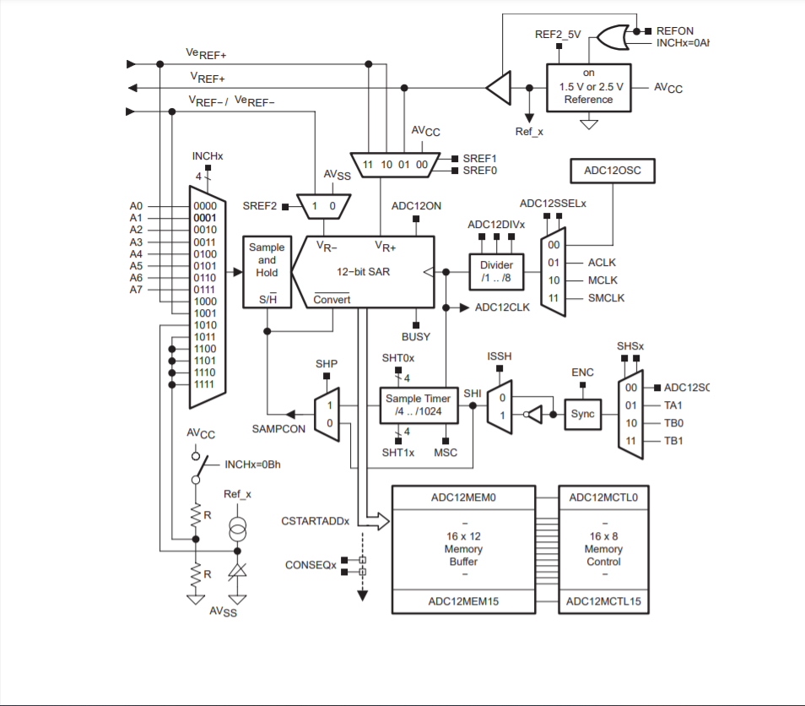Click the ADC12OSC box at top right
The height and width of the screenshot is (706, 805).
tap(613, 170)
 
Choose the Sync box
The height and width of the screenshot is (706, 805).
tap(582, 414)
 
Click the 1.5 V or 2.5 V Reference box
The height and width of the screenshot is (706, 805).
tap(588, 87)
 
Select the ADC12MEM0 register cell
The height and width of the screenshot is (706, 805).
tap(462, 497)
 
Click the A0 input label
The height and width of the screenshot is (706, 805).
tap(137, 206)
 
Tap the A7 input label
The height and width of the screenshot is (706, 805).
tap(137, 290)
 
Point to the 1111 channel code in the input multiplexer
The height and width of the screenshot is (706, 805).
tap(204, 384)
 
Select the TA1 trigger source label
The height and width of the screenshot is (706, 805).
tap(673, 405)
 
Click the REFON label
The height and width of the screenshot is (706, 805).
tap(674, 31)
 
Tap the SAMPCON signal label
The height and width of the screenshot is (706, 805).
tap(267, 429)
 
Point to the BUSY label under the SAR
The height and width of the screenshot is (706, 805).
tap(415, 336)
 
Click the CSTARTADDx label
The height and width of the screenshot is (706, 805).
tap(315, 521)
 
